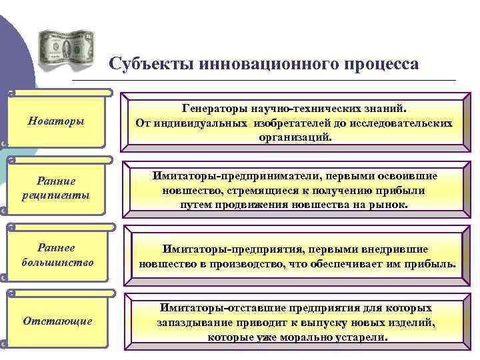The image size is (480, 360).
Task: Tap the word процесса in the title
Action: coord(381,64)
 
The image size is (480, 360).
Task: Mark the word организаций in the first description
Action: coord(294,137)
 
